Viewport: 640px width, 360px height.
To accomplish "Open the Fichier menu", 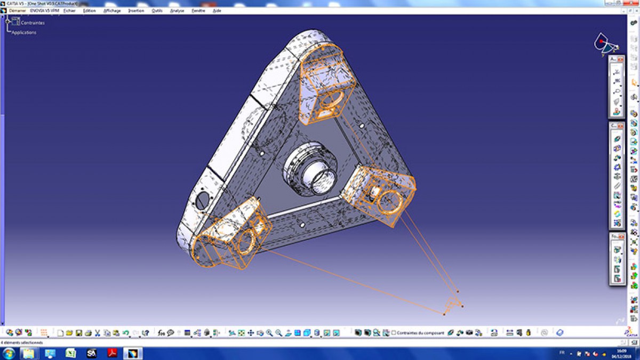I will click(69, 11).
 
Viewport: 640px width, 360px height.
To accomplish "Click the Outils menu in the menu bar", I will click(157, 11).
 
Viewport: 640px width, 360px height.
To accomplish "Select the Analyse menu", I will click(177, 11).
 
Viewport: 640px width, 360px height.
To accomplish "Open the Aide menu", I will click(217, 11).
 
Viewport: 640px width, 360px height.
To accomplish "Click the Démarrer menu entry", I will click(17, 11).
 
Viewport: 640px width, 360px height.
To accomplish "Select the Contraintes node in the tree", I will click(33, 23).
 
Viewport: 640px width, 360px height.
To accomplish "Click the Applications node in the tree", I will click(25, 33).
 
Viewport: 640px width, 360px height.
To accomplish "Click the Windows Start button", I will click(9, 353).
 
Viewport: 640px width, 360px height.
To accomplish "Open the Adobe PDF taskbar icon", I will click(113, 353).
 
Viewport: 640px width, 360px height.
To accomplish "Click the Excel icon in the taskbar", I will click(70, 353).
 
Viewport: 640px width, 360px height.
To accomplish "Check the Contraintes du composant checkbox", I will click(394, 333).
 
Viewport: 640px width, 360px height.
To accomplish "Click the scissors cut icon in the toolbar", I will click(98, 333).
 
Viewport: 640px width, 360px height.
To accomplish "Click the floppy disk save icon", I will click(78, 333).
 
